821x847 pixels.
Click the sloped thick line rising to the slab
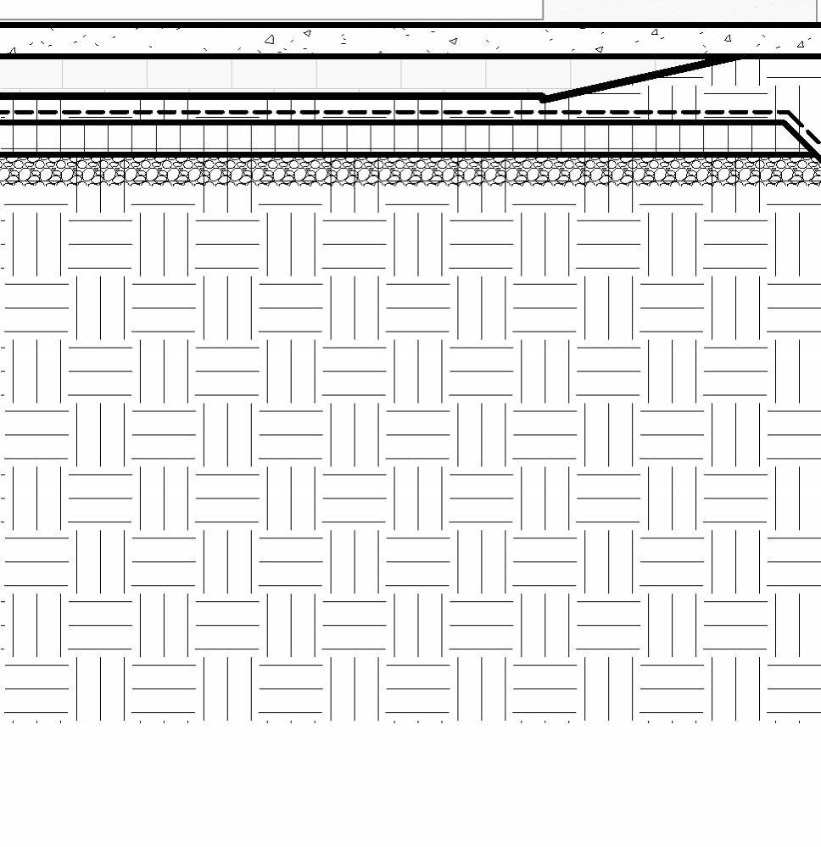[x=636, y=78]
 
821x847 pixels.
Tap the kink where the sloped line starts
[x=544, y=98]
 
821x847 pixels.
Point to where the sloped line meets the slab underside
[x=736, y=57]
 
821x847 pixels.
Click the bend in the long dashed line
[x=789, y=112]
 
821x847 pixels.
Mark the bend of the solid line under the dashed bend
[x=784, y=123]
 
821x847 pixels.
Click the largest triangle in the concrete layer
[x=270, y=39]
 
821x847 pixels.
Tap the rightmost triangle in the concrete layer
[x=801, y=44]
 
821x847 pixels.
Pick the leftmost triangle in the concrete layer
[x=12, y=52]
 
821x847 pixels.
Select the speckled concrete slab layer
[x=407, y=41]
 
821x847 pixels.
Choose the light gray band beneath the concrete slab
[x=254, y=74]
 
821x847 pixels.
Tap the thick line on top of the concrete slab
[x=407, y=25]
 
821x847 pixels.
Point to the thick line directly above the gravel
[x=407, y=155]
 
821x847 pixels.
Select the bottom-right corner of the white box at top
[x=543, y=19]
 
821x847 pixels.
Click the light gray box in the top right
[x=679, y=8]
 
